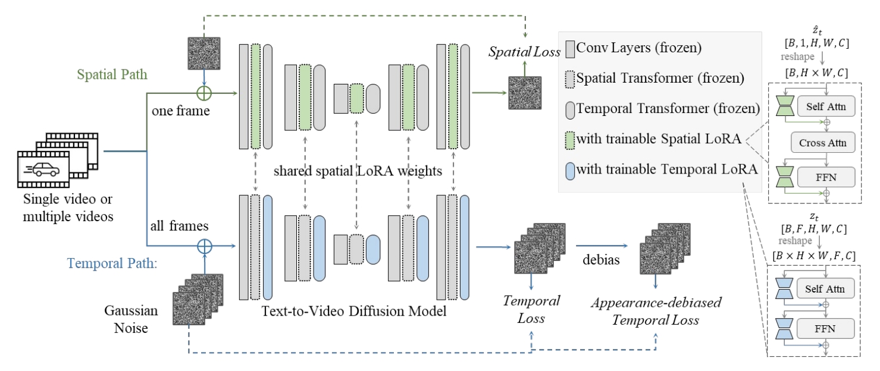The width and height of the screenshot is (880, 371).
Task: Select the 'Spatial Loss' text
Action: [x=524, y=52]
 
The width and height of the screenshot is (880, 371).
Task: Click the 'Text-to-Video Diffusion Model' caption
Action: [x=353, y=310]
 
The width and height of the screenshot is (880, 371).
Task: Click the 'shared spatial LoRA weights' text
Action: [x=358, y=171]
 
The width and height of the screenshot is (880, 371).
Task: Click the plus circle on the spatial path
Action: [x=204, y=93]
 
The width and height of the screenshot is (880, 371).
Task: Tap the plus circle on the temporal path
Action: [x=204, y=245]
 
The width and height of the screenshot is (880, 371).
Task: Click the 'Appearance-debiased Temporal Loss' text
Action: [x=656, y=311]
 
